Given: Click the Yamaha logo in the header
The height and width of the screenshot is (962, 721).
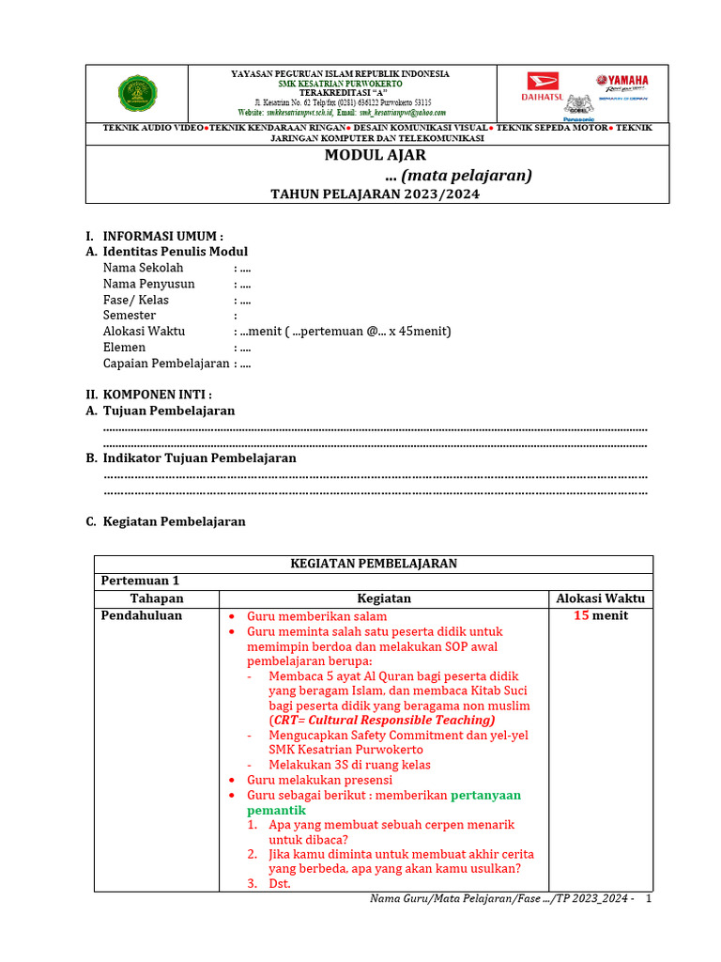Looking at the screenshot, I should (x=621, y=81).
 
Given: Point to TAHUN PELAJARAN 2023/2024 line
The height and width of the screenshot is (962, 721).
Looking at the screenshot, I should (x=376, y=194).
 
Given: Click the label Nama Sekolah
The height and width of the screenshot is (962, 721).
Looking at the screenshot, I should (x=143, y=268).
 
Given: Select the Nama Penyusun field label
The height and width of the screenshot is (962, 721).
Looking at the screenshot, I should (x=149, y=284).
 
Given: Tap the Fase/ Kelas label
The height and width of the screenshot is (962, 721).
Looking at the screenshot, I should (x=136, y=300).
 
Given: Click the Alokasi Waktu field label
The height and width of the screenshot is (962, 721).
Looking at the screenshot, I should (x=144, y=332).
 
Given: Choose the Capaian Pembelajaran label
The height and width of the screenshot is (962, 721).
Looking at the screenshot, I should (x=166, y=364).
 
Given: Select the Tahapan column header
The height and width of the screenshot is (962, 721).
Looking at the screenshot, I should (x=157, y=598).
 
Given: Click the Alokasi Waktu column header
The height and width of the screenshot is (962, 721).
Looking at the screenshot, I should (x=601, y=598).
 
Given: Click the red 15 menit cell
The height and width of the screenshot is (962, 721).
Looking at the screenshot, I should (x=601, y=616).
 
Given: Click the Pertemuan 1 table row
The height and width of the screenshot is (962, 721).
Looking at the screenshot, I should (x=140, y=581).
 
